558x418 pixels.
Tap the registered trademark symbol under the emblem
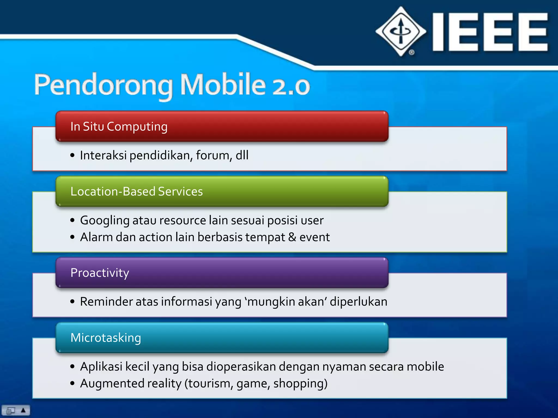(412, 52)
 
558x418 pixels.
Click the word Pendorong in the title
(103, 85)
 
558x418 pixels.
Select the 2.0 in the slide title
(291, 86)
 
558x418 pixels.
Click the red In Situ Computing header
(222, 126)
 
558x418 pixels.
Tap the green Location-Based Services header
(222, 191)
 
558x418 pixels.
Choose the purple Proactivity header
(222, 273)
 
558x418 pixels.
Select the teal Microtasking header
(222, 337)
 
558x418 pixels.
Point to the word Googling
(105, 220)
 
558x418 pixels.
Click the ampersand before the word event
(292, 237)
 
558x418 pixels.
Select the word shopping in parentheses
(300, 384)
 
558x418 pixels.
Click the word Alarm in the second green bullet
(96, 237)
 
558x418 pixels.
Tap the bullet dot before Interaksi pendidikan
(72, 155)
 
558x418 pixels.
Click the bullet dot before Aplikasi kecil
(72, 367)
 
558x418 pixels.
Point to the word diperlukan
(358, 302)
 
